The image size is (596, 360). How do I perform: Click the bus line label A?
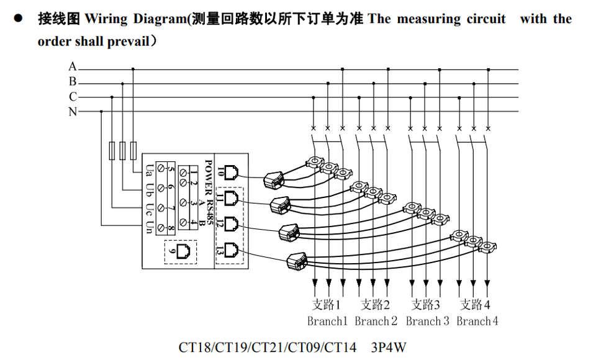73,66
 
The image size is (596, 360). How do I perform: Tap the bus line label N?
73,112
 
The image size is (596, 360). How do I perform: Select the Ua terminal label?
150,170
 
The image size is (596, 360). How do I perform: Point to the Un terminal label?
150,227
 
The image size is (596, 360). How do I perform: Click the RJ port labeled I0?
231,173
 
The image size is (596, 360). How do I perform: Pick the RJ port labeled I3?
231,250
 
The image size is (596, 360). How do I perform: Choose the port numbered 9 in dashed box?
184,251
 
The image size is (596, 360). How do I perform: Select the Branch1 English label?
327,322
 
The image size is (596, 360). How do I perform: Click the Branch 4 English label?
477,322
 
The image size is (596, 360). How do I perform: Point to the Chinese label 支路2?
375,305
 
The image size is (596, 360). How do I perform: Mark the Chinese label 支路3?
426,305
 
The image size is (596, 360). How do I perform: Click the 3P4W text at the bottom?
389,348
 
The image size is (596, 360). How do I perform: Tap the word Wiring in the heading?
106,19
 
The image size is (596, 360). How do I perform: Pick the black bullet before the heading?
18,18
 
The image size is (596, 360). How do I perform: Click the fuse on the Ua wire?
133,151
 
